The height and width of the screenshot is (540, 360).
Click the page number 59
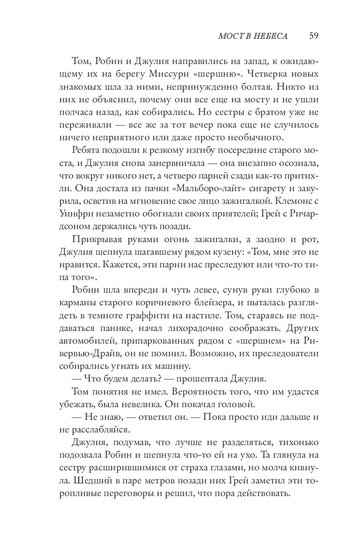coord(314,36)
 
